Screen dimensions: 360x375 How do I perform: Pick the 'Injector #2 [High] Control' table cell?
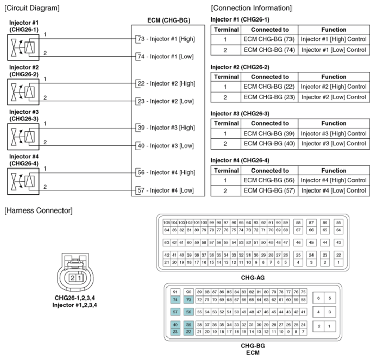pyautogui.click(x=334, y=86)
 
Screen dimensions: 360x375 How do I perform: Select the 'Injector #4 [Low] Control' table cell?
pyautogui.click(x=334, y=190)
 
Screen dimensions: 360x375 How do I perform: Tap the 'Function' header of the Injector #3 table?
pyautogui.click(x=334, y=123)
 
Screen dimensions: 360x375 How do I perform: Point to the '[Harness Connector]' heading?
pyautogui.click(x=38, y=210)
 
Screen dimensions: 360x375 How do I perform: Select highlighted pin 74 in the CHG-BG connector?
pyautogui.click(x=175, y=299)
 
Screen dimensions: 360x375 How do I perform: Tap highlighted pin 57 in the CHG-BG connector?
pyautogui.click(x=175, y=312)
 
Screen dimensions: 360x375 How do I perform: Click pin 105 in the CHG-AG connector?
pyautogui.click(x=166, y=223)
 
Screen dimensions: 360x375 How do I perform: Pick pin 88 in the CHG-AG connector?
pyautogui.click(x=298, y=223)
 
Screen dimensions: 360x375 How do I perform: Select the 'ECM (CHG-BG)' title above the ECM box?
pyautogui.click(x=168, y=21)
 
